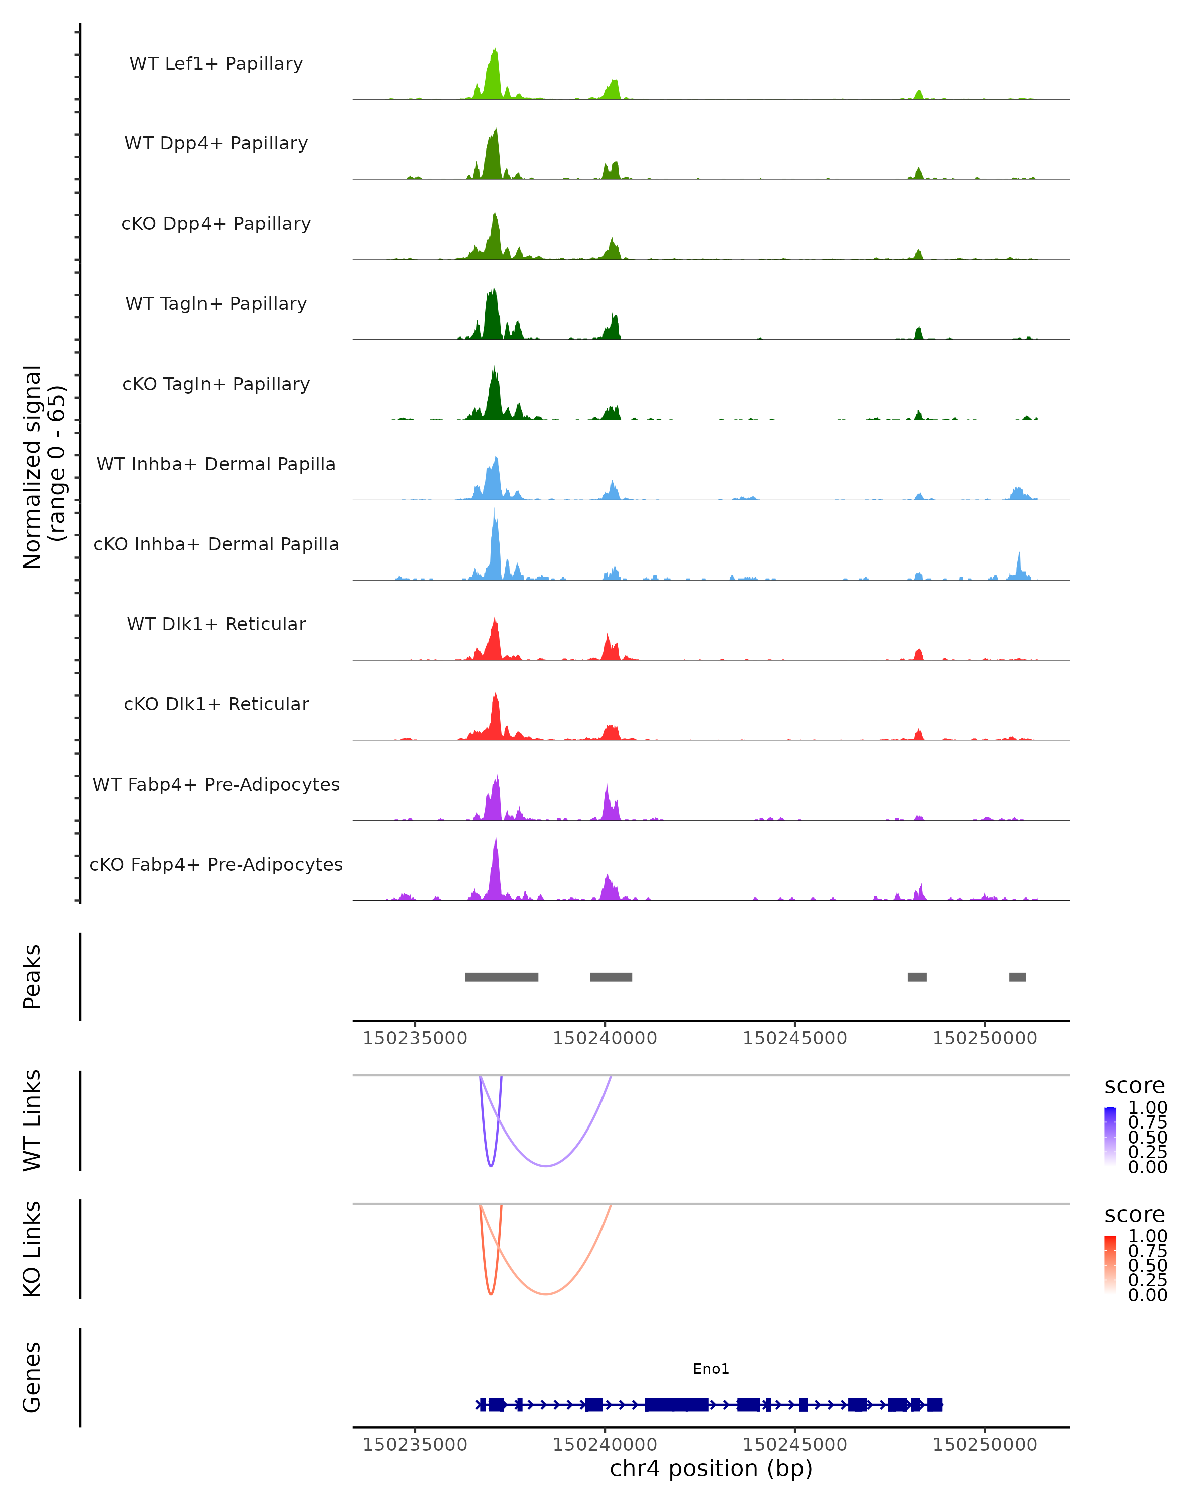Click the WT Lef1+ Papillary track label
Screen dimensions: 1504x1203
(x=216, y=64)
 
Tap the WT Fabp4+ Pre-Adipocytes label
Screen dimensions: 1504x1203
(x=216, y=784)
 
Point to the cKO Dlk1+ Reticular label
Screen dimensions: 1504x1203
(x=216, y=704)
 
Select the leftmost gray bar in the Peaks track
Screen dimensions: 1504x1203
(x=501, y=977)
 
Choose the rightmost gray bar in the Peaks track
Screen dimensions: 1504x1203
(x=1017, y=977)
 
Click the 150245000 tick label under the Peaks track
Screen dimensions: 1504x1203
(x=794, y=1039)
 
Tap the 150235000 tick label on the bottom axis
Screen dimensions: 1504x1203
(x=415, y=1445)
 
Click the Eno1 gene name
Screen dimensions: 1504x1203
(x=711, y=1369)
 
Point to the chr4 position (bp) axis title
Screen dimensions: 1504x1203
(x=711, y=1469)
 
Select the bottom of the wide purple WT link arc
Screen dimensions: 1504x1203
(x=547, y=1166)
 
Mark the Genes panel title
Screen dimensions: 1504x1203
(x=32, y=1377)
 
